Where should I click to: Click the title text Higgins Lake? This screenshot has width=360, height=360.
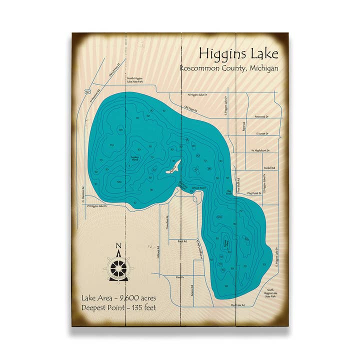pos(238,53)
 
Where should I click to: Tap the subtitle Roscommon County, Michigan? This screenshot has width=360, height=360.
pos(229,68)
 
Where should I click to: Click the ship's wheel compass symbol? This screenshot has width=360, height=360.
pos(119,269)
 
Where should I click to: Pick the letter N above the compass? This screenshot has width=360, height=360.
pos(118,246)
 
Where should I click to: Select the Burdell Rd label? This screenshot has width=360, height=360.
pos(268,168)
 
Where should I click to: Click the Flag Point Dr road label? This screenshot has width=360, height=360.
pos(254,192)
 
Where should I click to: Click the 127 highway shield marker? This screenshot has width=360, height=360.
pos(87,92)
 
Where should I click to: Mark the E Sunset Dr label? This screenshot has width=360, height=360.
pos(262,133)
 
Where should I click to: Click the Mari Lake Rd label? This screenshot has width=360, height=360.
pos(237,304)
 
